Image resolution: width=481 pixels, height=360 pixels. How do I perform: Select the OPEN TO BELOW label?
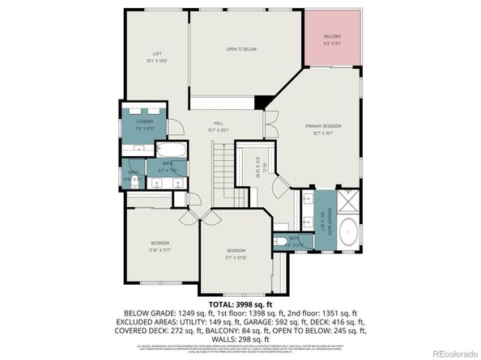pyautogui.click(x=240, y=49)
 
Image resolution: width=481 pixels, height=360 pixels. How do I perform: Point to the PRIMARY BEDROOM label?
pyautogui.click(x=323, y=127)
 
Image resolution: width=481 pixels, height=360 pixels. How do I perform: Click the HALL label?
pyautogui.click(x=218, y=124)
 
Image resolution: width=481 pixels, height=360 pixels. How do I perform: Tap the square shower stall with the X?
pyautogui.click(x=349, y=200)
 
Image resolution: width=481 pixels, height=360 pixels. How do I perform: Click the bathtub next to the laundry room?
pyautogui.click(x=171, y=151)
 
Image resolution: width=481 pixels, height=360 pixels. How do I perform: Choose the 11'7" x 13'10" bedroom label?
pyautogui.click(x=236, y=253)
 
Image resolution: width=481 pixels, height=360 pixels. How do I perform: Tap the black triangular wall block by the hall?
pyautogui.click(x=262, y=102)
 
